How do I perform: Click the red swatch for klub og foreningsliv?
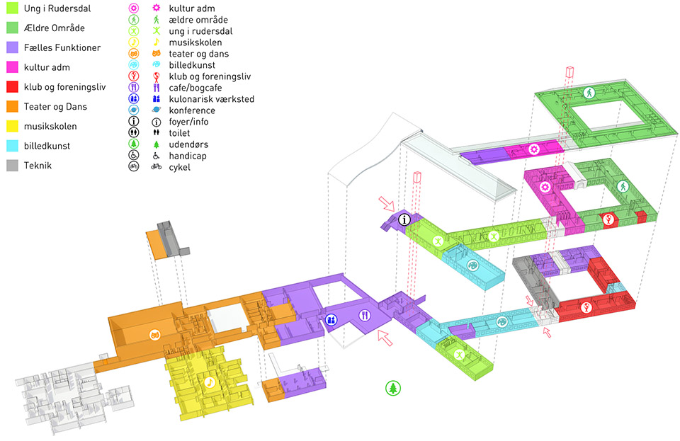point(12,86)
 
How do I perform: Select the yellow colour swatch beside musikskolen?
point(12,126)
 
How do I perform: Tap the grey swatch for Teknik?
point(12,166)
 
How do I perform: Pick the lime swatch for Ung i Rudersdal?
point(12,8)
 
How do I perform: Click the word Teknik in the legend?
point(38,166)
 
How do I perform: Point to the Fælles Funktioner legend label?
point(62,47)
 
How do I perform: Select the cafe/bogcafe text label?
point(195,88)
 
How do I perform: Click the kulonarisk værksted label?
point(211,99)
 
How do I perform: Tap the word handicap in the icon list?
point(187,156)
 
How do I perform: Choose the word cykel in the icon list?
point(179,167)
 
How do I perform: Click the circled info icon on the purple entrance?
point(404,219)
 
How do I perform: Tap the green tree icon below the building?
point(393,388)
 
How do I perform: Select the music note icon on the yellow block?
point(210,382)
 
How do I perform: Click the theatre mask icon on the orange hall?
point(155,335)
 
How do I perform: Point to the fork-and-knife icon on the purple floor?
point(365,316)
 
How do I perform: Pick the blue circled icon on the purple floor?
point(331,320)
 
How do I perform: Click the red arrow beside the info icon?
point(387,204)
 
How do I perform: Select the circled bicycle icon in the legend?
point(134,166)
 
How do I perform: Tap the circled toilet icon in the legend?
point(134,132)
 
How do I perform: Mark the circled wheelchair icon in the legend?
point(134,155)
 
